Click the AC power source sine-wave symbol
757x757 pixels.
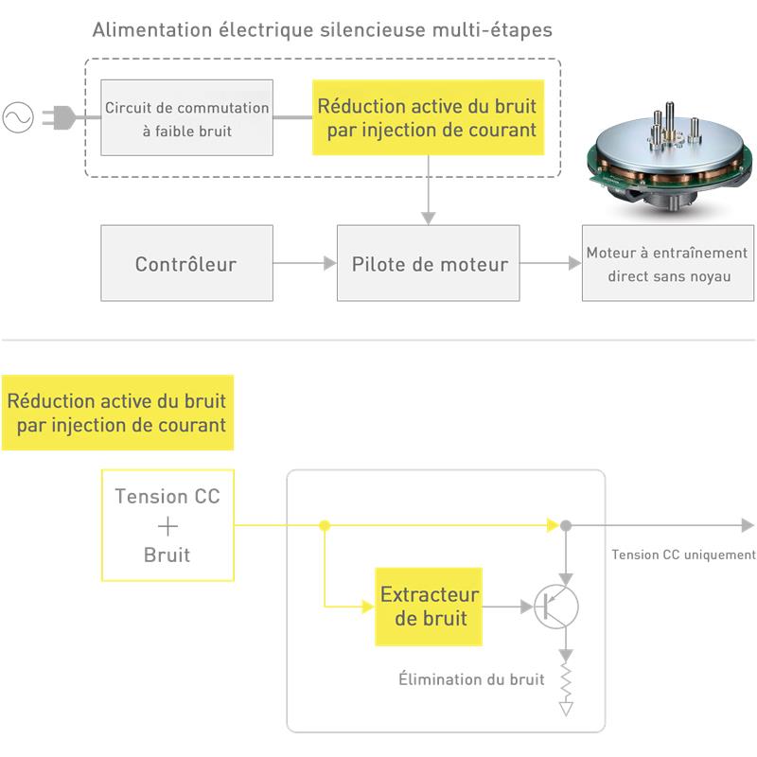(18, 117)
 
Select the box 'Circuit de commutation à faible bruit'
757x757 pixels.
(187, 118)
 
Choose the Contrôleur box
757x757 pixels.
(186, 263)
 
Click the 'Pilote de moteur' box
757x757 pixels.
(429, 263)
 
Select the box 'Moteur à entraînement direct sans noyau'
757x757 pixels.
(667, 264)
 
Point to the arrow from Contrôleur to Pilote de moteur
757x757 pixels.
(305, 263)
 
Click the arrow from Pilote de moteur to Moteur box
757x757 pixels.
(551, 263)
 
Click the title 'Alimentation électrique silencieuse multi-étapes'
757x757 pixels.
(322, 30)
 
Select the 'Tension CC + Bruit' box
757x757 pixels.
(167, 525)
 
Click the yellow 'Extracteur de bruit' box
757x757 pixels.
(429, 607)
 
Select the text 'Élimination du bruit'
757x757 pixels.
(471, 679)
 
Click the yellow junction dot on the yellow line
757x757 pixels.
(325, 525)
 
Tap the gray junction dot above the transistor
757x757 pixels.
(566, 525)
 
